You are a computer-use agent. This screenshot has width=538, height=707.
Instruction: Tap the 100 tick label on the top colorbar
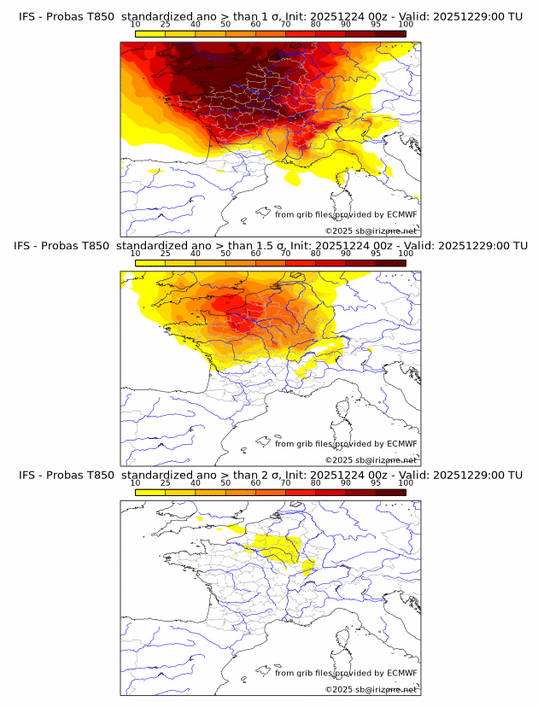[x=406, y=26]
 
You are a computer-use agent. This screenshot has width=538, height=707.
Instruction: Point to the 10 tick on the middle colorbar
[x=136, y=254]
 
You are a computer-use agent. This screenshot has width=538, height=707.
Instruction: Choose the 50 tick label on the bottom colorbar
[x=225, y=483]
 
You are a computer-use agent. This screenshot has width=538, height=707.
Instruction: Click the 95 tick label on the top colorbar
[x=376, y=26]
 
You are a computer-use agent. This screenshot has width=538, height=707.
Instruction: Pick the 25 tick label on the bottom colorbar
[x=166, y=483]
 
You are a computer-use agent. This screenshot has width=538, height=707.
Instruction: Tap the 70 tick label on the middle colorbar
[x=285, y=254]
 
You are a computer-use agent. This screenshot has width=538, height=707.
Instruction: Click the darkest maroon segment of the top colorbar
[x=391, y=34]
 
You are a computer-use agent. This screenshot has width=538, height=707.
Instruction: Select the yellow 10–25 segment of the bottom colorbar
[x=150, y=492]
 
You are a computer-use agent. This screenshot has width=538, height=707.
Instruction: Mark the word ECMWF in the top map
[x=401, y=215]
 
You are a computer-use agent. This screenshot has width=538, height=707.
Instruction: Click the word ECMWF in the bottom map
[x=401, y=673]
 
